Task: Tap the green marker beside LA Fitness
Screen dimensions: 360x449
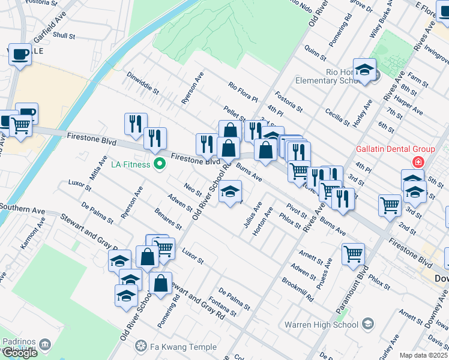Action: pos(160,163)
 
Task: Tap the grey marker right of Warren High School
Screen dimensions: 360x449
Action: pos(367,325)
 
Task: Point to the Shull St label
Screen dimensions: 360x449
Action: pos(63,35)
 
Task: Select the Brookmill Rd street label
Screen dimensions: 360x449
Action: pos(298,290)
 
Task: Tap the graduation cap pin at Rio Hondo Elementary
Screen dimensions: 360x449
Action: pos(364,71)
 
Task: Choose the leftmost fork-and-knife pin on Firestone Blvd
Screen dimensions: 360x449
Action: pos(135,124)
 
